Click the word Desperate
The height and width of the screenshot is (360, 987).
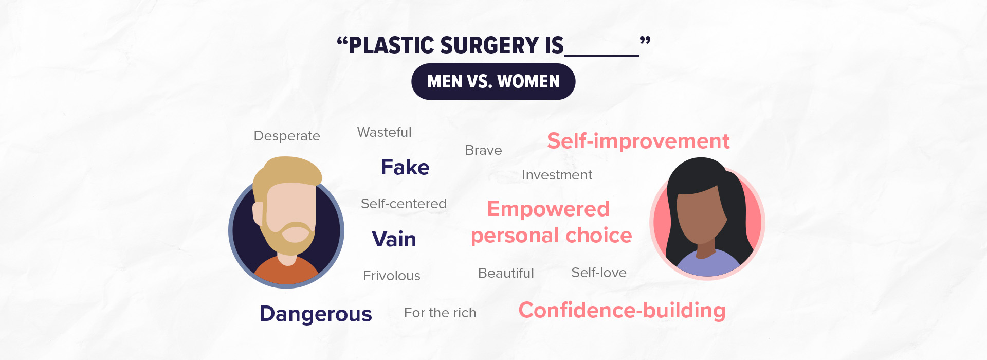click(287, 136)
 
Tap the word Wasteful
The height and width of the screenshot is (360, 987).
click(385, 132)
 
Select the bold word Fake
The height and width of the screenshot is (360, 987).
click(405, 167)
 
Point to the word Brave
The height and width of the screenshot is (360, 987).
click(483, 150)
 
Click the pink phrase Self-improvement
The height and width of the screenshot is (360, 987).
click(638, 141)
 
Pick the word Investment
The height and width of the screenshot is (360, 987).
click(557, 175)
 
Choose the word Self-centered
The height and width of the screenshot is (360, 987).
click(404, 204)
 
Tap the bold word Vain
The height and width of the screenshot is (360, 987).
click(394, 239)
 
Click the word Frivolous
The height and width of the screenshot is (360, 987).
click(392, 276)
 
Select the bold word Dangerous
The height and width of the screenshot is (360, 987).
click(316, 314)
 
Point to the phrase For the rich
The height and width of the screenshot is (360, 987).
click(440, 313)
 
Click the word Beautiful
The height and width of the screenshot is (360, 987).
click(506, 273)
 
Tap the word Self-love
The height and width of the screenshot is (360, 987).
click(599, 273)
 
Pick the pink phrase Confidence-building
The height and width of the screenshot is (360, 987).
click(622, 311)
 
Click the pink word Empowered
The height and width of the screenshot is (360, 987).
click(549, 209)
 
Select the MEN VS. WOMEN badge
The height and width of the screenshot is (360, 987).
click(493, 81)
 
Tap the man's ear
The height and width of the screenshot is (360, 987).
click(258, 214)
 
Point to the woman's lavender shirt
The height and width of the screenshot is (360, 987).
click(708, 263)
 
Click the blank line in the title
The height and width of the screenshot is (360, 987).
click(601, 55)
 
